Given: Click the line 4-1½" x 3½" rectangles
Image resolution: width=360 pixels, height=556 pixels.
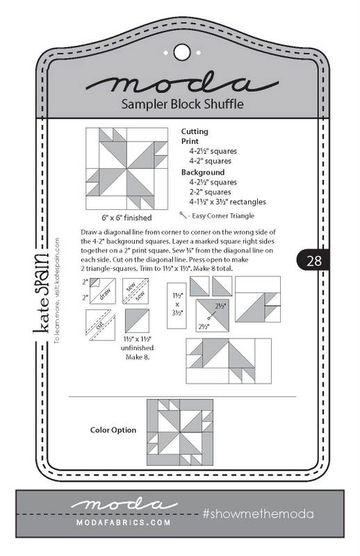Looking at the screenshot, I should pos(227,202).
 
